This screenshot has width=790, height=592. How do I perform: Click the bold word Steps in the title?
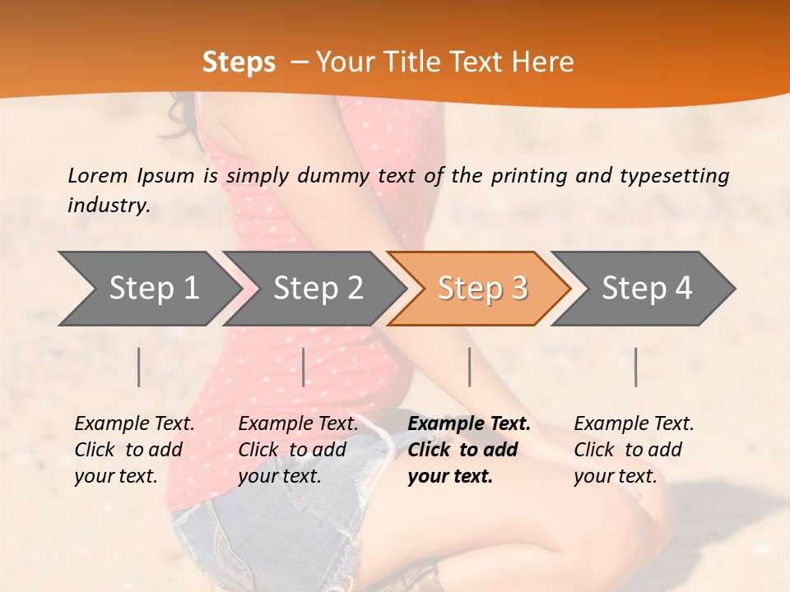(239, 62)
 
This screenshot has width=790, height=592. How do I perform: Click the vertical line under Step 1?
(139, 367)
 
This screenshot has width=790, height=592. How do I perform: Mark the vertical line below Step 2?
(304, 367)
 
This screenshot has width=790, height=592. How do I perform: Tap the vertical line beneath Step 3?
(469, 367)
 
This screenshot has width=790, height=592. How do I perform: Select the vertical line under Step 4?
(635, 367)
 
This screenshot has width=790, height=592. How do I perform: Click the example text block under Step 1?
(133, 450)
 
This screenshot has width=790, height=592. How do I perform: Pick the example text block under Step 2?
(298, 450)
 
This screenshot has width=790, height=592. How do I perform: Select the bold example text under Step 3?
(468, 450)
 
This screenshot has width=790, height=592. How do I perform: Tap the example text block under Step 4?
(633, 450)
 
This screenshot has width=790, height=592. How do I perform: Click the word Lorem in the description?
(98, 175)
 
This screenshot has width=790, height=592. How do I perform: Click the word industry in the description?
(108, 206)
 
